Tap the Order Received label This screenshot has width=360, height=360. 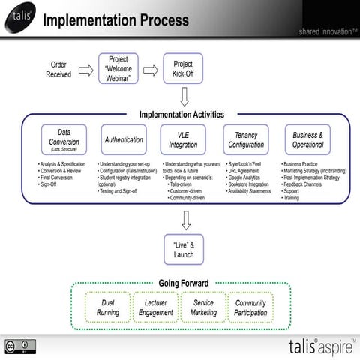point(60,70)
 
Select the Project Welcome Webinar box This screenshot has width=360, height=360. point(118,69)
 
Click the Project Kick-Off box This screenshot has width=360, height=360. point(183,69)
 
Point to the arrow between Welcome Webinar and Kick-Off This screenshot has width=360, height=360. point(151,70)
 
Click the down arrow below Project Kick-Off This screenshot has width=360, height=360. point(184,97)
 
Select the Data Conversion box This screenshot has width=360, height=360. point(64,140)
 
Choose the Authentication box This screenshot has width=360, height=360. point(124,140)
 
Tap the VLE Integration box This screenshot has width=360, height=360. point(183,140)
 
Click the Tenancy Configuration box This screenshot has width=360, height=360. point(246,140)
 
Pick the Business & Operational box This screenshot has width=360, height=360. point(308,140)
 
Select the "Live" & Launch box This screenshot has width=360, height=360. point(184,250)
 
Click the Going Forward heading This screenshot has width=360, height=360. point(184,283)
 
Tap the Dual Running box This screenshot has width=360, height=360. point(108,307)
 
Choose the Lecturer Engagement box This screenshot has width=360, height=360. point(155,307)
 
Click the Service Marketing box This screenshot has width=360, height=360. point(203,307)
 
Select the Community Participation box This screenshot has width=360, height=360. point(250,307)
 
